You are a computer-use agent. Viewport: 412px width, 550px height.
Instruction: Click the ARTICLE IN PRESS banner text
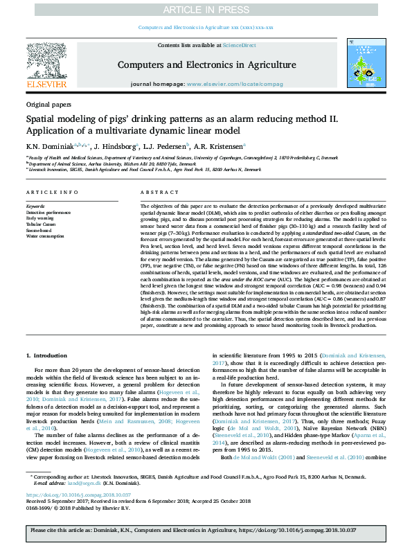pos(206,9)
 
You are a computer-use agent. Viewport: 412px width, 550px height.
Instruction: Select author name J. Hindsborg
pos(114,147)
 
